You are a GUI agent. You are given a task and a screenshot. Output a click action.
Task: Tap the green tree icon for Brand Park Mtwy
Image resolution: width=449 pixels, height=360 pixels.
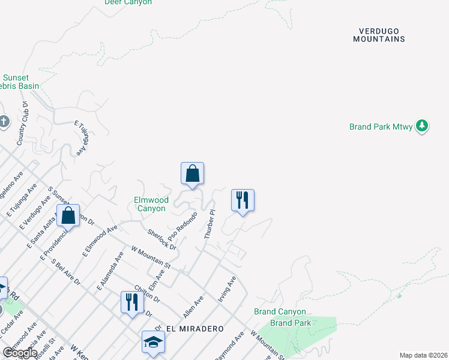coord(423,125)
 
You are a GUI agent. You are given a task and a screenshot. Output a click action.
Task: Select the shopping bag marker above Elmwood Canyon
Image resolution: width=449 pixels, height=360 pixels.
coord(192,174)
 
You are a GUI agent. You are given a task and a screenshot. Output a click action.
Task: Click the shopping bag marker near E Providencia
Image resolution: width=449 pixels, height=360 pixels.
coord(68,216)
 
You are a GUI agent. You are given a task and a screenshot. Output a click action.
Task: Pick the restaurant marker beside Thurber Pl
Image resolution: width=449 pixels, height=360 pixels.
coord(243,200)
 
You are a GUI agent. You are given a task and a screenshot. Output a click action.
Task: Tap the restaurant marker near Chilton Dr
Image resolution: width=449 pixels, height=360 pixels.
coord(132,302)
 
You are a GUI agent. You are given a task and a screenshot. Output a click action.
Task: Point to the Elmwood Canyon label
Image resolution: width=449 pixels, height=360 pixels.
coord(149,204)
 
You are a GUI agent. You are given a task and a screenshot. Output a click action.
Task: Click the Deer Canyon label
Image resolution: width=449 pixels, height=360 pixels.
coord(128,2)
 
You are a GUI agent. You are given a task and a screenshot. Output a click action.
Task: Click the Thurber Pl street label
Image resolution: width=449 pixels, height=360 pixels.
coord(209,225)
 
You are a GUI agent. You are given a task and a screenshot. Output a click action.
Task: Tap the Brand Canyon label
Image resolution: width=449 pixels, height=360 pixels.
coord(280,311)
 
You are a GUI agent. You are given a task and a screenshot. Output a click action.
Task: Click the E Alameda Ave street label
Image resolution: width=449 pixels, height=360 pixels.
coord(110,271)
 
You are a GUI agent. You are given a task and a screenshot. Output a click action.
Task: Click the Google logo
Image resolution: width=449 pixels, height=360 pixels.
coord(19,352)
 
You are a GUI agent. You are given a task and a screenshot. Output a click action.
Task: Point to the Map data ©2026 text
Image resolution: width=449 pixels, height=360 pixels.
coord(423,355)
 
